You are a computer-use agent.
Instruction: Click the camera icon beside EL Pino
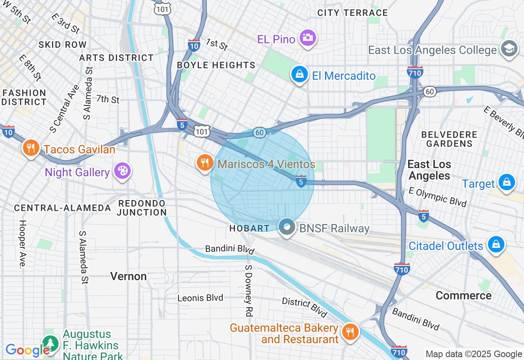coord(307,38)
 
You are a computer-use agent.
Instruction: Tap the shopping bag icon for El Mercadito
coord(300,74)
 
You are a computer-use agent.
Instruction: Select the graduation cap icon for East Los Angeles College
coord(509,49)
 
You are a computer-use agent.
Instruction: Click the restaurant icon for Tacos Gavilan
coord(31,148)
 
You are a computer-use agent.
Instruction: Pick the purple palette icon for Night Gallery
coord(122,171)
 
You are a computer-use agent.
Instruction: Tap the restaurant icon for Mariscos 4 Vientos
coord(205,163)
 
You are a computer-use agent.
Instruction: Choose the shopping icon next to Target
coord(507,182)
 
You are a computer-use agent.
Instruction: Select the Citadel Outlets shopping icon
coord(496,245)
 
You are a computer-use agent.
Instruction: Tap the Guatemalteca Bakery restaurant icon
coord(350,332)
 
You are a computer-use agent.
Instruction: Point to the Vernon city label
coord(129,277)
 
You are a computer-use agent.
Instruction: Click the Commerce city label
coord(463,295)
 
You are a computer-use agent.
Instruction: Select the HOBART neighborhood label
coord(249,228)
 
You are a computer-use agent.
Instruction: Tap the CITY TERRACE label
coord(352,13)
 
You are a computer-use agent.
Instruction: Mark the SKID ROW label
coord(63,45)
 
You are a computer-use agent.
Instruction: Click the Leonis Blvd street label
coord(200,298)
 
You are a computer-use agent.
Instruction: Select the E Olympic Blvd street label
coord(438,197)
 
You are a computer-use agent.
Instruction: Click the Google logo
coord(27,350)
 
